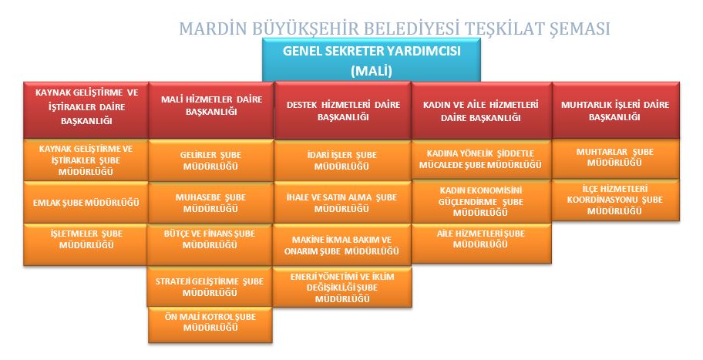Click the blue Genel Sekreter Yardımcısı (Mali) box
(372, 60)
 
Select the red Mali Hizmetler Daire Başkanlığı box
(211, 110)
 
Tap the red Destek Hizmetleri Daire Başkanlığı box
(343, 111)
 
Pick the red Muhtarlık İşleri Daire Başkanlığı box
(616, 110)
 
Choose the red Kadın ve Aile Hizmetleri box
(481, 111)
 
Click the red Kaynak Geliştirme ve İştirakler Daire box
(86, 110)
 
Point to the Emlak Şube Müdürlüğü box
(86, 202)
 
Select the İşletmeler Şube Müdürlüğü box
(86, 244)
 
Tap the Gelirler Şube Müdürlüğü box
(211, 160)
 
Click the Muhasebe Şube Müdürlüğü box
(211, 203)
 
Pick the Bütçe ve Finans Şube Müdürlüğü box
(210, 244)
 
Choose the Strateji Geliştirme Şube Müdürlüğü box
(210, 287)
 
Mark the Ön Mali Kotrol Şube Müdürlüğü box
(210, 325)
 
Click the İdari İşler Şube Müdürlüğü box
(342, 160)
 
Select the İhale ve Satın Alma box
(342, 203)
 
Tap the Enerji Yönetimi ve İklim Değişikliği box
(342, 288)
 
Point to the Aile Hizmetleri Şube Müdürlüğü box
(481, 244)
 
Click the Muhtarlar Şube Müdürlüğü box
(616, 159)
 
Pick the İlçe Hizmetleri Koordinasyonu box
(616, 200)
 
